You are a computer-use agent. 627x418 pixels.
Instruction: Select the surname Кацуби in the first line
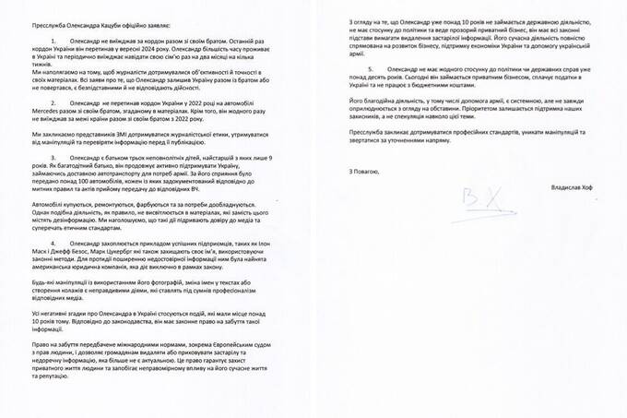pos(92,13)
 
